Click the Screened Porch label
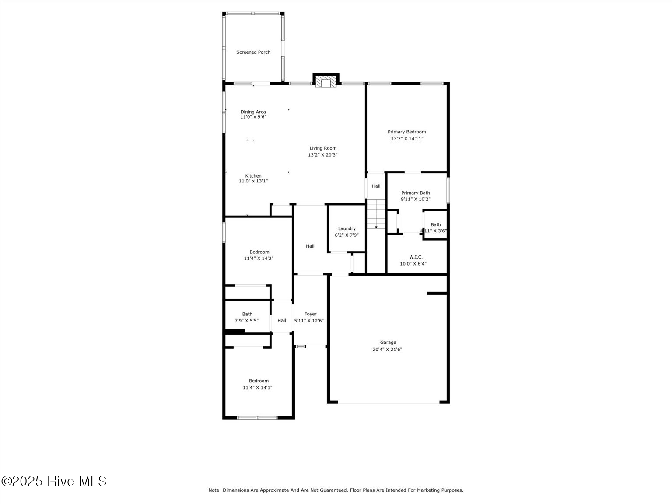tap(253, 52)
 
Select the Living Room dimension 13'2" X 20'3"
tap(323, 155)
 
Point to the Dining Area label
tap(253, 112)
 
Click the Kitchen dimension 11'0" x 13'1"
tap(253, 181)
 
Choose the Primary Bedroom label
tap(406, 132)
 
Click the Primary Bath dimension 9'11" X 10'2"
tap(415, 199)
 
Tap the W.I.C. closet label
tap(416, 257)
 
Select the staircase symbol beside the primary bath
tap(376, 213)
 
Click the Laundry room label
tap(346, 228)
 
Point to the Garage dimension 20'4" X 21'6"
tap(387, 350)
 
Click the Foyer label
tap(310, 314)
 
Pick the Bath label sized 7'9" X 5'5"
tap(247, 314)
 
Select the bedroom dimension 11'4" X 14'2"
tap(259, 259)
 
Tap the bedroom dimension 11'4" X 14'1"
tap(258, 388)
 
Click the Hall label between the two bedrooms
tap(282, 321)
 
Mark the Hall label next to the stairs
tap(376, 186)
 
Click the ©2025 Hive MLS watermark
tap(54, 481)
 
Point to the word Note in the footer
tap(214, 490)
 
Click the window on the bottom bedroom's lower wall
tap(257, 418)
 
